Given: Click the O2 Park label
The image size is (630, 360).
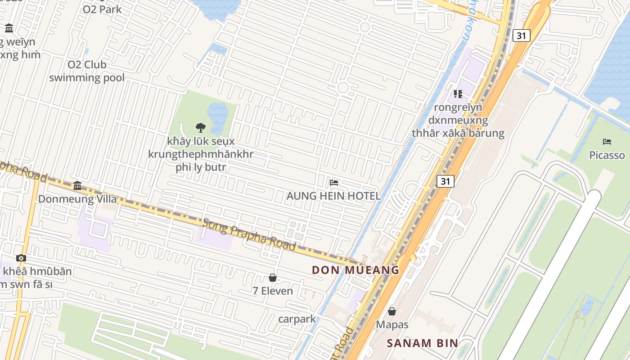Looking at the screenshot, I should coord(102,9).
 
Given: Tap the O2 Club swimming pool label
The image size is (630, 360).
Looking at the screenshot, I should coord(87,71).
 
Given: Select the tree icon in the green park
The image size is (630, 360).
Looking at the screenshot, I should coord(201,128).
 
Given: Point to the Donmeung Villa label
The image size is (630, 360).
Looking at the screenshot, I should coord(77,199).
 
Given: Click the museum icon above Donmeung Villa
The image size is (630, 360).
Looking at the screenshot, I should coord(77,185).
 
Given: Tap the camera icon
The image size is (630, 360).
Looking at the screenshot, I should coord(21,258).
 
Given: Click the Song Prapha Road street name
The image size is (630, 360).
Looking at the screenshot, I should coord(249,234).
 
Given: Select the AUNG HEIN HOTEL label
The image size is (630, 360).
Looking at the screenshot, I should coord(333,196).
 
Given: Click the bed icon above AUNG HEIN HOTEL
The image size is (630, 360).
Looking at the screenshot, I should coord(334,183).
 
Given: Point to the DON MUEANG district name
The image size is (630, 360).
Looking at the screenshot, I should coord(355,270).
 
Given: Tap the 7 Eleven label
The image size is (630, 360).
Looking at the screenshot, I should coord(273,291).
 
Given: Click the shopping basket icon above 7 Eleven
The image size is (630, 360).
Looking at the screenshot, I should coord(273,278).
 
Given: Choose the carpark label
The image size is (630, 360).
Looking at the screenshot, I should coord(297,319).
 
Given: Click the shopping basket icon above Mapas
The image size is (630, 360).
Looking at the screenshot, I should coord(392,311).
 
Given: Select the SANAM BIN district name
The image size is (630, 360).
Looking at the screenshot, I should coord(423,343).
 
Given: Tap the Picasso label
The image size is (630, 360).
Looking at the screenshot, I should coord(607,155).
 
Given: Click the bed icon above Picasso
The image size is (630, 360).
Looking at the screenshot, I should coord(607,142).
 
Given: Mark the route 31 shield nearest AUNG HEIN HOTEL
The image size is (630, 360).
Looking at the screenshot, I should coord(445,181).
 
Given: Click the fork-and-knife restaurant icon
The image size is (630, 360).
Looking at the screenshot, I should coord(458,94).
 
